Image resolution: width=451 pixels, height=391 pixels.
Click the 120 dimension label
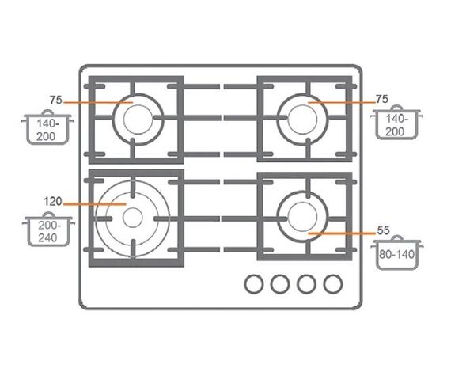(53, 201)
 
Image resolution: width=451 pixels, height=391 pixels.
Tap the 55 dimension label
(384, 230)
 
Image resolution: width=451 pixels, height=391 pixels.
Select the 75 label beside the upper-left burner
(56, 100)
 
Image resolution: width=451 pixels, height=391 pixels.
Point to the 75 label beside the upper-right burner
(382, 99)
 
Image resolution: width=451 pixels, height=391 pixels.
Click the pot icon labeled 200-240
(48, 230)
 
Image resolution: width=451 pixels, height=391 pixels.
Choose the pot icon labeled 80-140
(397, 252)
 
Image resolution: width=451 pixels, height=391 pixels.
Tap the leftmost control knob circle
(254, 284)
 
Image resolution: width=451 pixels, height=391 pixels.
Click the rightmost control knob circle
(333, 284)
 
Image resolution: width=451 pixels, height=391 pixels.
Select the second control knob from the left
(280, 284)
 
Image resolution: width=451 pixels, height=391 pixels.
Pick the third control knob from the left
(307, 284)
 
